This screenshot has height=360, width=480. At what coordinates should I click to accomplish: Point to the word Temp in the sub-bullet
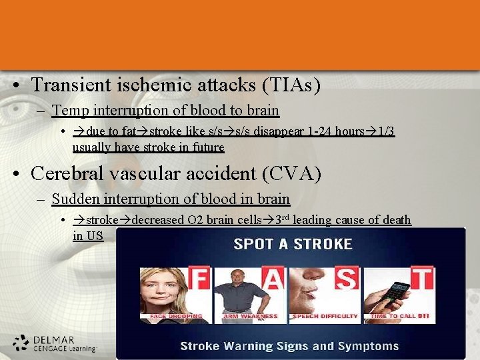67,110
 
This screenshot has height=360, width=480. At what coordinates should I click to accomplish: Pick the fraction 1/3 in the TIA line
386,131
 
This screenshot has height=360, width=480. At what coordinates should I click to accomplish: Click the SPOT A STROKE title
293,244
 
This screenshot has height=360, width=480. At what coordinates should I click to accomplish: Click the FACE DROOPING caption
176,316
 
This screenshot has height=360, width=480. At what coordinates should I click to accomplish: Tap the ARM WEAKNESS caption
249,316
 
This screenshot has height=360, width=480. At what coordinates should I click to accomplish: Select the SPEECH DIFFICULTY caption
326,316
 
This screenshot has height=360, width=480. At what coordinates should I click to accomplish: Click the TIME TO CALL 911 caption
400,316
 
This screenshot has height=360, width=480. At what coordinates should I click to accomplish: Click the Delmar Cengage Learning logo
55,343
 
